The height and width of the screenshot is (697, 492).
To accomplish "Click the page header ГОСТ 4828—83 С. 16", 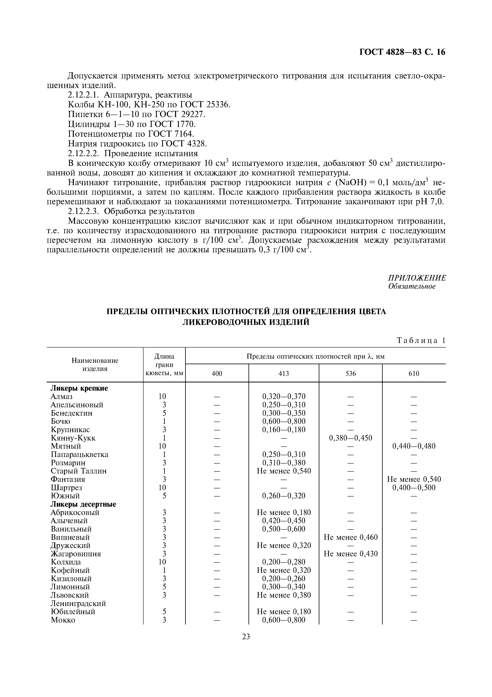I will click(x=402, y=52).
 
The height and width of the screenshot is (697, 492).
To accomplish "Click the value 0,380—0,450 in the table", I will click(x=350, y=438).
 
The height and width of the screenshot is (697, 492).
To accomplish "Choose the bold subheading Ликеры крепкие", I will click(x=79, y=388).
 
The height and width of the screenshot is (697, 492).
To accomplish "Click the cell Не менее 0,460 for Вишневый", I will click(x=350, y=537).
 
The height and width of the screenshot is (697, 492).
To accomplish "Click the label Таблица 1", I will click(x=421, y=340).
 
